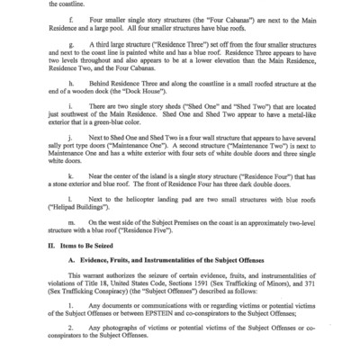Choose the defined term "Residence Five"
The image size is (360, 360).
click(x=199, y=252)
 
